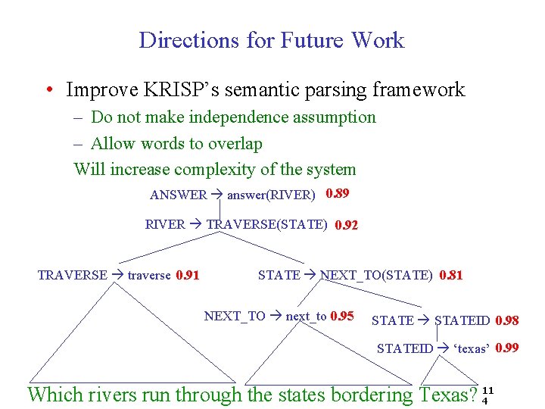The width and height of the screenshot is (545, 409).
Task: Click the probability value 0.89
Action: click(x=337, y=194)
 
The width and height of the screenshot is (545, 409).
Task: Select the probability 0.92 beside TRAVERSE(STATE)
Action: click(x=346, y=225)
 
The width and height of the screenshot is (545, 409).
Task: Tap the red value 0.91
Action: click(x=187, y=275)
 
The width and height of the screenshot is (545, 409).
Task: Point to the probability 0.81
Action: click(x=450, y=275)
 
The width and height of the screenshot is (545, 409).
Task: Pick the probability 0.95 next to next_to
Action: click(x=342, y=316)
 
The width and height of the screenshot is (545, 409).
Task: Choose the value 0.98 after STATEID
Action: click(x=506, y=321)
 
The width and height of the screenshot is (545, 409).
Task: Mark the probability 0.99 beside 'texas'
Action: click(x=506, y=348)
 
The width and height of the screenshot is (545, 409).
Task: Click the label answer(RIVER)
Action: click(x=271, y=195)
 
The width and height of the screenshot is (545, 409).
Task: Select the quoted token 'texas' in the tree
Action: click(x=471, y=348)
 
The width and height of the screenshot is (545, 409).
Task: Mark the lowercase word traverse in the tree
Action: click(x=149, y=275)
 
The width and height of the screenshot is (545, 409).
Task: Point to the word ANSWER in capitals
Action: click(x=178, y=195)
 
